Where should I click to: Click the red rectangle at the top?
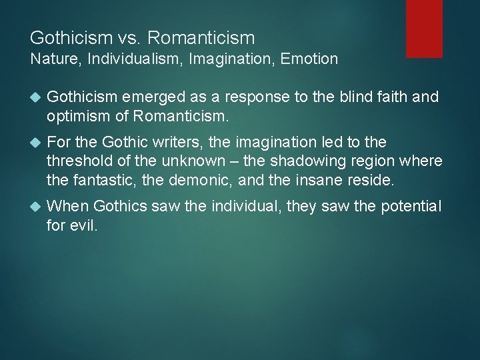coord(425,28)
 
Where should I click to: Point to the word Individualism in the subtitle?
coord(129,59)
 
